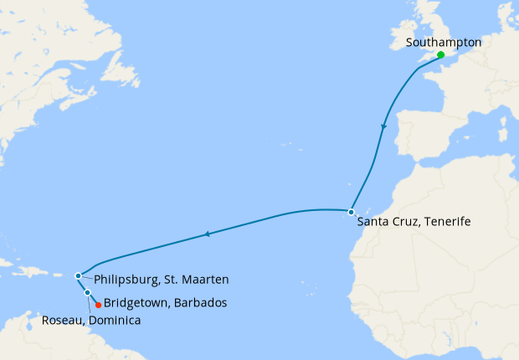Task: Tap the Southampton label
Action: tap(443, 41)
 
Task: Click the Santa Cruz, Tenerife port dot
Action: tap(351, 211)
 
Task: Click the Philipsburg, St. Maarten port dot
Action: tap(78, 275)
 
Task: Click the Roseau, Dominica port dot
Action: tap(88, 292)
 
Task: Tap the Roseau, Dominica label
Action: tap(90, 320)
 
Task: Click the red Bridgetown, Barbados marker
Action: tap(98, 304)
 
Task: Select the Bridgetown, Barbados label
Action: tap(165, 302)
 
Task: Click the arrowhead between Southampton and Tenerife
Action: tap(384, 126)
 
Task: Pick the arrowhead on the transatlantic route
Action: tap(207, 235)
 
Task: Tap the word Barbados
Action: tap(201, 302)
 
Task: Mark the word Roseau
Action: tap(61, 320)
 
